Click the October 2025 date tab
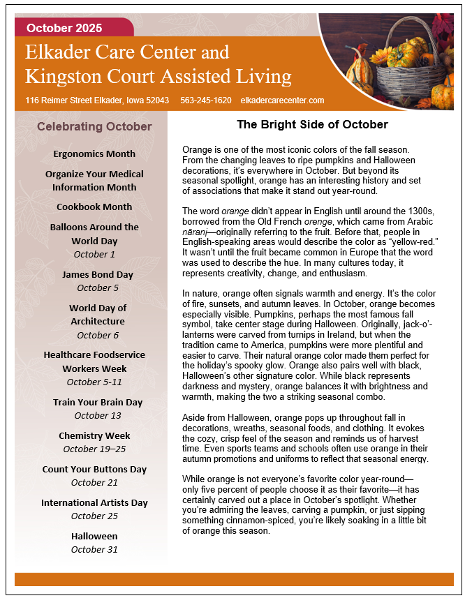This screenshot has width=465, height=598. (x=64, y=29)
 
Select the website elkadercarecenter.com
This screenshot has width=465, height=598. (x=281, y=100)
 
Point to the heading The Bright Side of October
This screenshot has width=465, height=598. (x=312, y=125)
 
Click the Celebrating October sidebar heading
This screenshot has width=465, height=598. (x=94, y=126)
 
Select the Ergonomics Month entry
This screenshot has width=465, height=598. (x=94, y=154)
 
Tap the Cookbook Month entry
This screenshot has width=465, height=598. (x=94, y=207)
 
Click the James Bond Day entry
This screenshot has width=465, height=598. (x=97, y=274)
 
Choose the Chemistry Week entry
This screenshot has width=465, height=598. (x=95, y=435)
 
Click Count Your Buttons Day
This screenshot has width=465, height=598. (x=94, y=469)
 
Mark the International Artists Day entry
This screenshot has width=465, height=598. (x=94, y=502)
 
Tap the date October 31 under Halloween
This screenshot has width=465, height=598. (x=94, y=549)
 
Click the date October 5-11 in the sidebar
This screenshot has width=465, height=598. (x=94, y=382)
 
